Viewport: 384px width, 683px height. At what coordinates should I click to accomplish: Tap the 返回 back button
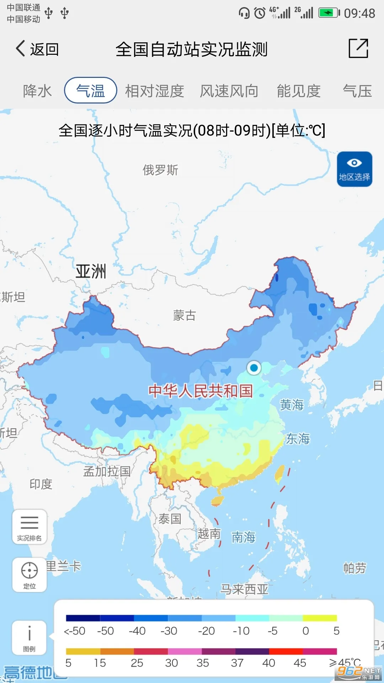[37, 49]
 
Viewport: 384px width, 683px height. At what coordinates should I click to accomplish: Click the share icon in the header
[358, 48]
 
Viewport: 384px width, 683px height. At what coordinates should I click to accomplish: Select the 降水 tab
[37, 91]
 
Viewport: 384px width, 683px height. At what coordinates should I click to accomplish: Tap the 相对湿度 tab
[154, 91]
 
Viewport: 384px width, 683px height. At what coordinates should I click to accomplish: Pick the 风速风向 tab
[229, 91]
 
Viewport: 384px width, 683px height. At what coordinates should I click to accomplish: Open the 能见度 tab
[299, 91]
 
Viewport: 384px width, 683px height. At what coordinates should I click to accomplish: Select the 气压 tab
[357, 91]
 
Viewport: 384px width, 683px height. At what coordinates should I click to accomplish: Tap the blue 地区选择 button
[354, 169]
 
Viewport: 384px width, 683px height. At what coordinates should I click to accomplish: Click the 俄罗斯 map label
[160, 170]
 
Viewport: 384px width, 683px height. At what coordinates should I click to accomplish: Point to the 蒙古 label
[184, 316]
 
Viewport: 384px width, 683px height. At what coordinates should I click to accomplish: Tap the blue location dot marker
[254, 368]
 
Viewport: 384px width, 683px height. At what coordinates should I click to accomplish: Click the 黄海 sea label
[292, 405]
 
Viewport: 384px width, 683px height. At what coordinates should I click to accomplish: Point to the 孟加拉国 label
[107, 471]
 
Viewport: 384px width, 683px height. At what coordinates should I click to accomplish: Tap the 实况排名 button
[30, 527]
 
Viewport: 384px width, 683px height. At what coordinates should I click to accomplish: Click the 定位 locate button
[30, 575]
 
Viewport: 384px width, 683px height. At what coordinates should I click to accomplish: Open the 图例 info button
[30, 638]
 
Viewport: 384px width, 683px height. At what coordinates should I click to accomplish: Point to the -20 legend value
[206, 631]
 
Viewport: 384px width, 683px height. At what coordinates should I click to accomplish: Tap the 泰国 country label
[170, 519]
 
